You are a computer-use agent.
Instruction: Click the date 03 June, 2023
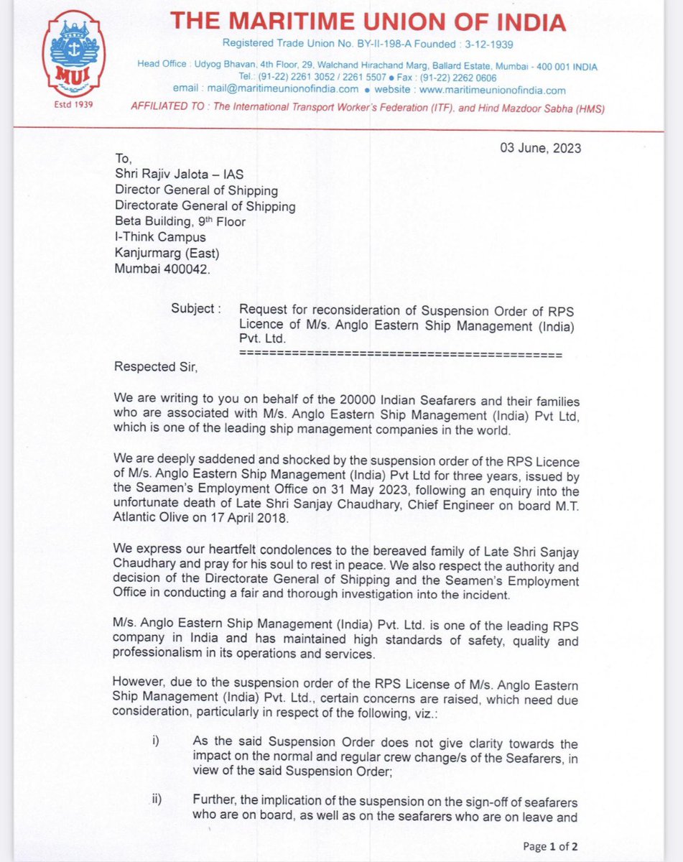coord(541,149)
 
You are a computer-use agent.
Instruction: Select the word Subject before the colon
coord(192,308)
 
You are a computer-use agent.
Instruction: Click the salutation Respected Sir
coord(155,367)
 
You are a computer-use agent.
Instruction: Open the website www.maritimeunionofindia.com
coord(492,90)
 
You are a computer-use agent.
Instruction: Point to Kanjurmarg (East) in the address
coord(167,253)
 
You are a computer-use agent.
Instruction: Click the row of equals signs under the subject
coord(400,354)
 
